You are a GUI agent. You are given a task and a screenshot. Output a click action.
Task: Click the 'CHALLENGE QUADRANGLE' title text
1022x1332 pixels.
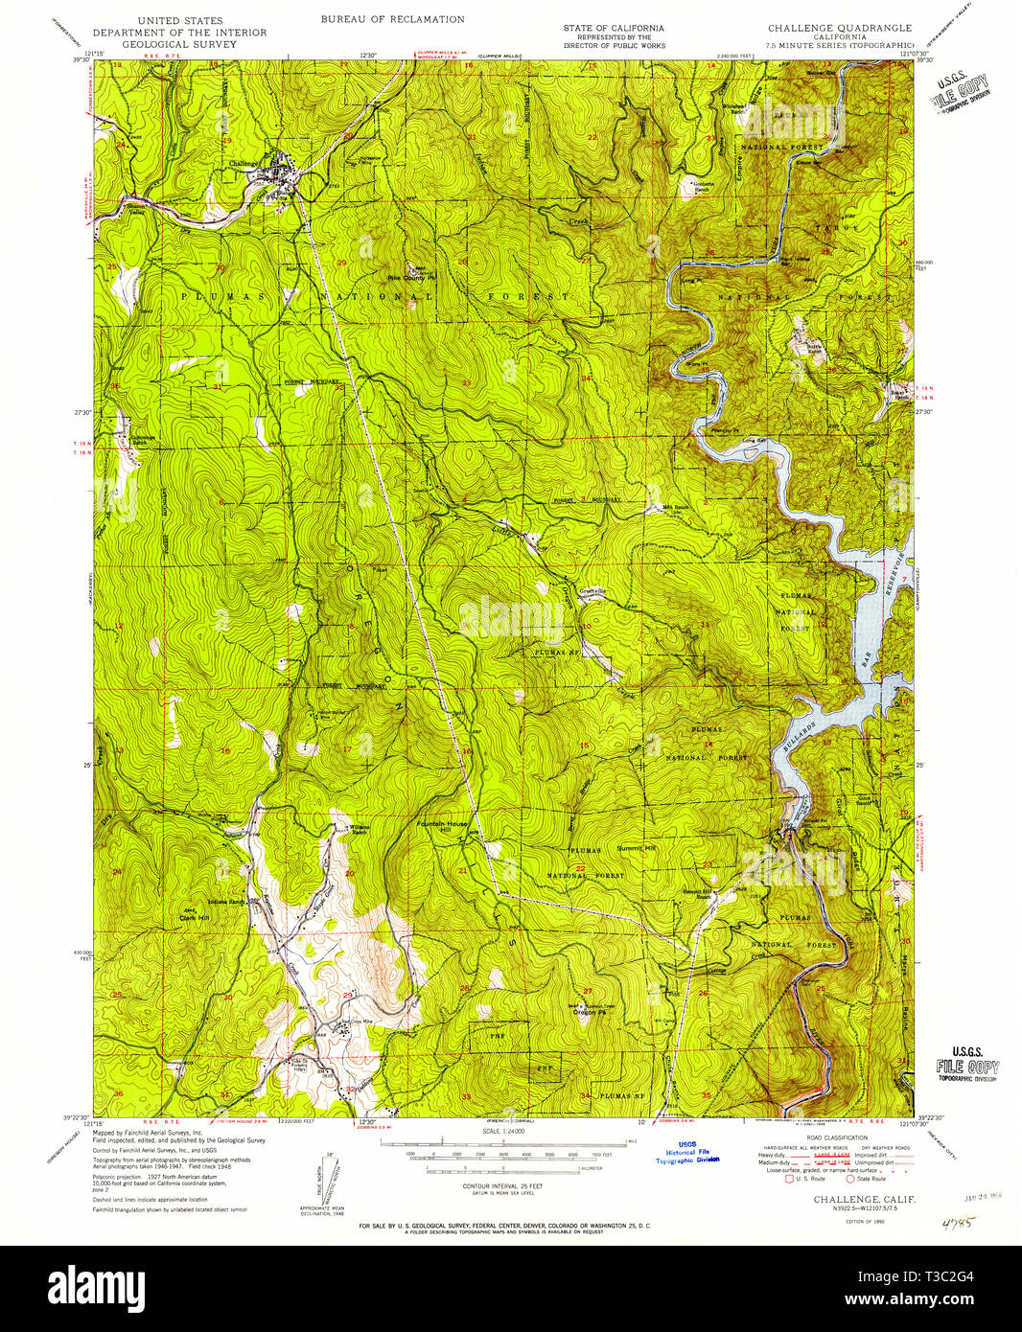[840, 28]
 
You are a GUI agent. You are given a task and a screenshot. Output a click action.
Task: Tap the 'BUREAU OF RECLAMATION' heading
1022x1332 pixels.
[392, 19]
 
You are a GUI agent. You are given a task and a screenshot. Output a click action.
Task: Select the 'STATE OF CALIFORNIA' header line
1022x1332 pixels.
[614, 28]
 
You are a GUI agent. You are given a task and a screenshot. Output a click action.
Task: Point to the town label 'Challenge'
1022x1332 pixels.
[244, 164]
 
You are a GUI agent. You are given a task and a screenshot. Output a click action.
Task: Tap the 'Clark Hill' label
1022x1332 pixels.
[194, 917]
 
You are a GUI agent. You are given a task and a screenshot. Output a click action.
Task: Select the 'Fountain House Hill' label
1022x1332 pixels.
[438, 827]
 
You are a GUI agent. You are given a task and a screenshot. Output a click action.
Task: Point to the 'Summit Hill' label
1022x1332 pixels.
[637, 848]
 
